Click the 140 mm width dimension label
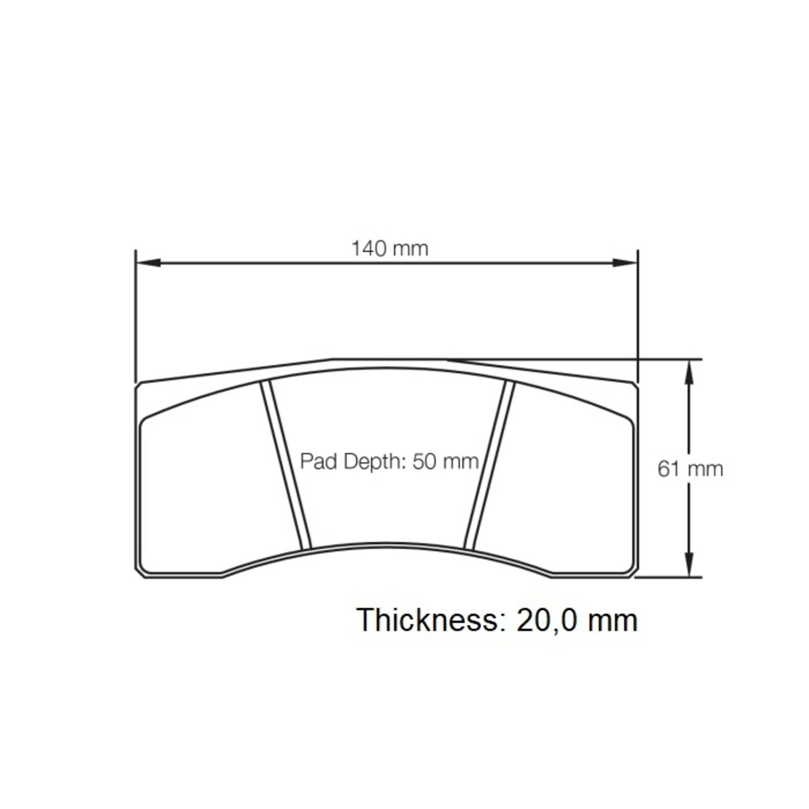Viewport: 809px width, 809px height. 389,248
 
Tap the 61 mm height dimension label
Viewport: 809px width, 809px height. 690,468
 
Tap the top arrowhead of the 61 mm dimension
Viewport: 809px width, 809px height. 690,370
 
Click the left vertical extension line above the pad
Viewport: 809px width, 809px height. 136,314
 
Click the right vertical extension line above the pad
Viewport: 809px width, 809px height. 638,314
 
